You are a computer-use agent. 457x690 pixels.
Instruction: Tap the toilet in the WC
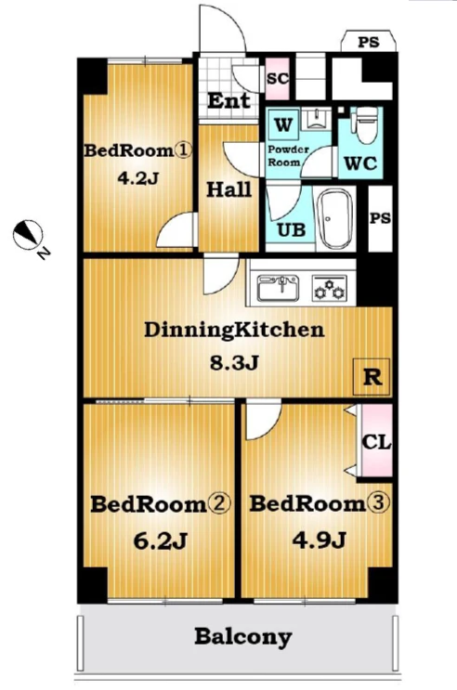click(x=366, y=124)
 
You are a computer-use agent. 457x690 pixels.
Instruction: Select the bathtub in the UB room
click(x=337, y=219)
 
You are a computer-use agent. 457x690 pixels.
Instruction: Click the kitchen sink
click(x=278, y=288)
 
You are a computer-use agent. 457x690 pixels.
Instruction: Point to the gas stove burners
click(x=330, y=288)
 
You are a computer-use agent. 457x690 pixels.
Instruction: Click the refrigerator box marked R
click(x=372, y=377)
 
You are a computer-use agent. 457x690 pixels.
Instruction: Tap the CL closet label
click(x=376, y=442)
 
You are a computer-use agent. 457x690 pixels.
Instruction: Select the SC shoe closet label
click(x=278, y=78)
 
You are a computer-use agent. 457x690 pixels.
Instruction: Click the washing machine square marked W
click(x=282, y=124)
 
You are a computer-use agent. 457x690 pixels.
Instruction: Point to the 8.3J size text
click(x=233, y=363)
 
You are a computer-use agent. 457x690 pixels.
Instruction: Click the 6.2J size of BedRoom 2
click(x=161, y=540)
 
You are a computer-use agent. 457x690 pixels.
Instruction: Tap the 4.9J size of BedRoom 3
click(x=320, y=540)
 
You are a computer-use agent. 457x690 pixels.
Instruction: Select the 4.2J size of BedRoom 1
click(x=137, y=177)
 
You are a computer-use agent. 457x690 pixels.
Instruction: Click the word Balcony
click(x=243, y=637)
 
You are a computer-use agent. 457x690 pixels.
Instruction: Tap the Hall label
click(x=229, y=189)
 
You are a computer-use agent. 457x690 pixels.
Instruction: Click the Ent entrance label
click(x=228, y=101)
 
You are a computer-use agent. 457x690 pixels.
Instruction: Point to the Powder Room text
click(x=288, y=156)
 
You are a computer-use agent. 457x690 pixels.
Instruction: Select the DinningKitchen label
click(x=234, y=330)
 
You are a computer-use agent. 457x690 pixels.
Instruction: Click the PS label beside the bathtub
click(x=380, y=218)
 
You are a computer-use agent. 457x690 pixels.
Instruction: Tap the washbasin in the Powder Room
click(x=316, y=119)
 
